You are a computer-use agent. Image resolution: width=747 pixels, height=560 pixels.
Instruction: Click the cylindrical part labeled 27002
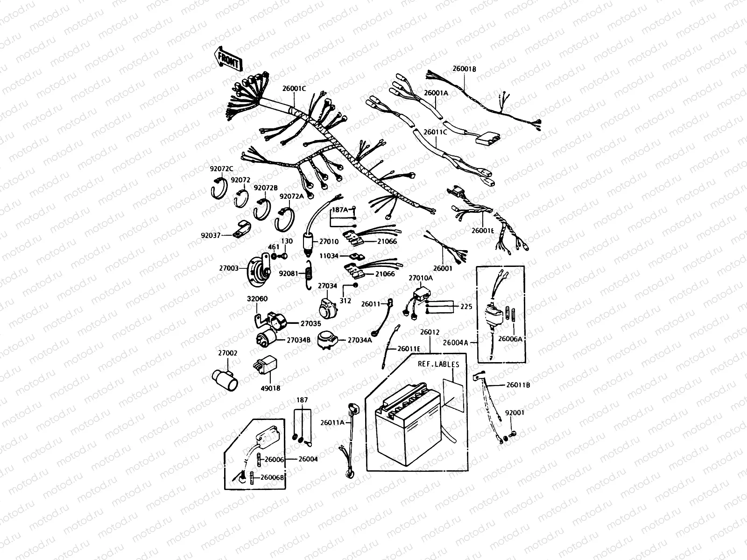pyautogui.click(x=224, y=379)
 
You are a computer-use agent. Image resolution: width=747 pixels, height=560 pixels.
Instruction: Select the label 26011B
pyautogui.click(x=518, y=385)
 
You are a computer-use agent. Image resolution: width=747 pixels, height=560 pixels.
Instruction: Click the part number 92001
pyautogui.click(x=515, y=413)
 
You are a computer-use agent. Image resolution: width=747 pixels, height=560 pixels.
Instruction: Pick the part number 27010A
pyautogui.click(x=421, y=278)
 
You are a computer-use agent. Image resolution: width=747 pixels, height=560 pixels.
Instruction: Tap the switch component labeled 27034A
pyautogui.click(x=327, y=340)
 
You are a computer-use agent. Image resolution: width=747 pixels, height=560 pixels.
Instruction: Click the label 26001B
pyautogui.click(x=464, y=69)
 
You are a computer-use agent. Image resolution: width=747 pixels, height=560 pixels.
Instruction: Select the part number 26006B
pyautogui.click(x=272, y=477)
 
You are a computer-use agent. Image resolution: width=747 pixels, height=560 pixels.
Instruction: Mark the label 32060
pyautogui.click(x=257, y=299)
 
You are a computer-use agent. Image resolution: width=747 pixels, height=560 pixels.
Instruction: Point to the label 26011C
pyautogui.click(x=435, y=132)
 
